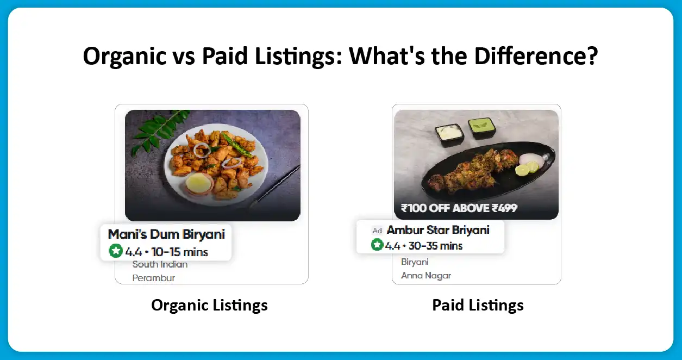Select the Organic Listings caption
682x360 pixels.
pyautogui.click(x=209, y=305)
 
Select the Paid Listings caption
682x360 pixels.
pyautogui.click(x=478, y=305)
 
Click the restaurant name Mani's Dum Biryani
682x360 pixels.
pyautogui.click(x=166, y=234)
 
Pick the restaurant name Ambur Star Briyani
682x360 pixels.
pyautogui.click(x=438, y=230)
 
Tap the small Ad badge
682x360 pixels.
pyautogui.click(x=377, y=231)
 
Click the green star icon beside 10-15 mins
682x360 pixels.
pyautogui.click(x=115, y=251)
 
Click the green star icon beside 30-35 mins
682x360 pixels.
pyautogui.click(x=377, y=245)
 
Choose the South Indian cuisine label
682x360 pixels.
pyautogui.click(x=160, y=265)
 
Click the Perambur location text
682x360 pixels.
pyautogui.click(x=154, y=278)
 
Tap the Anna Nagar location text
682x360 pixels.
pyautogui.click(x=426, y=276)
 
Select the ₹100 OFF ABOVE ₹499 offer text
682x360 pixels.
pyautogui.click(x=459, y=208)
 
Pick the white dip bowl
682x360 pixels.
pyautogui.click(x=449, y=133)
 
